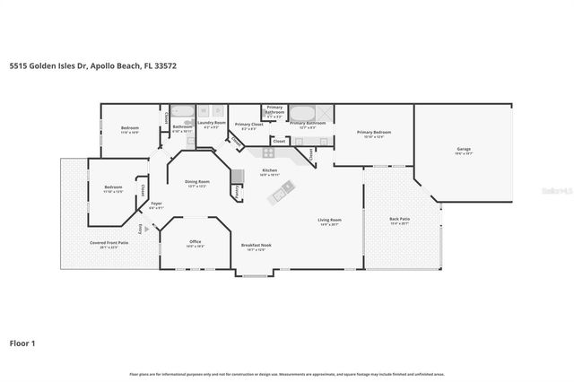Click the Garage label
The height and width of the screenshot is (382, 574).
point(464,150)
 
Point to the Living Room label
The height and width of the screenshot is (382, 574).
point(329,221)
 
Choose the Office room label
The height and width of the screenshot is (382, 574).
point(195,242)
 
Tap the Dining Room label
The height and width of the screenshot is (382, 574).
point(197,183)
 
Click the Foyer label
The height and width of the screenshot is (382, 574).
point(155,204)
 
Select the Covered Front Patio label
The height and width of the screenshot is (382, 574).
point(109,243)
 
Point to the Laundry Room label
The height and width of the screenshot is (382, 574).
point(213,123)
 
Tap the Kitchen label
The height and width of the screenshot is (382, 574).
point(269,170)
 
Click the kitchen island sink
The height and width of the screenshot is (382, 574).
point(287,188)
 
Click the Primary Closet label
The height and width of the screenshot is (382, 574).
point(245,124)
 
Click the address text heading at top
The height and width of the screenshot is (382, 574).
point(80,66)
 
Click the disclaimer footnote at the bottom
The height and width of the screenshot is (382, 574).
point(287,373)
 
